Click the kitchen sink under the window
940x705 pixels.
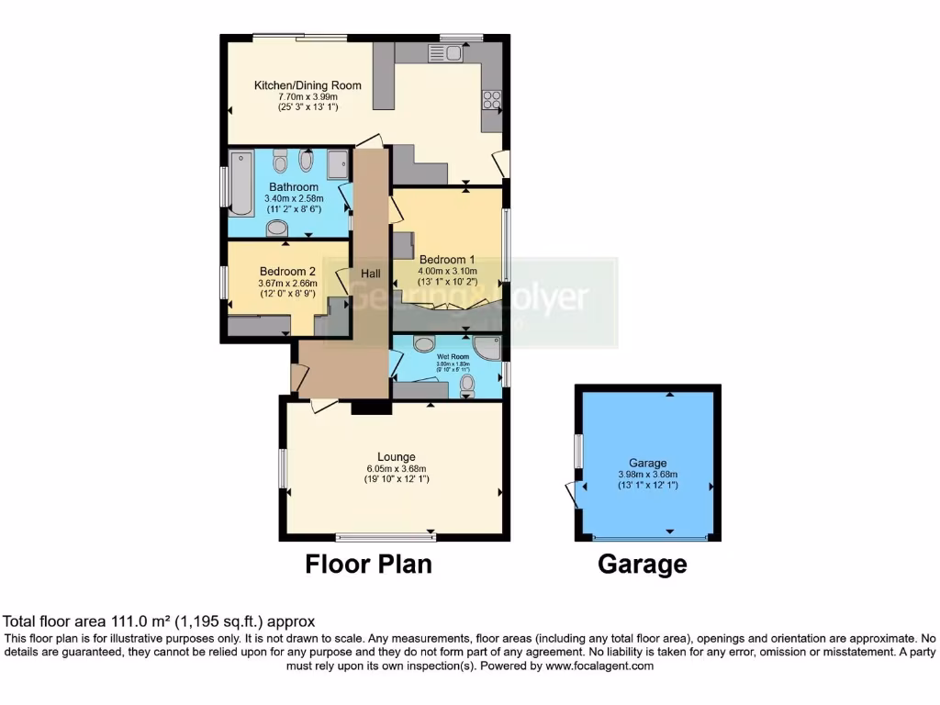[445, 53]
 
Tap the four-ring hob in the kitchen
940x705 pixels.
[492, 100]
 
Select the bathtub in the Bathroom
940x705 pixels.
[241, 183]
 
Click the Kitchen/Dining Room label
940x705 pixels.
[308, 85]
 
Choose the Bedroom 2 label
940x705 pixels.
[287, 272]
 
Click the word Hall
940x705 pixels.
[371, 274]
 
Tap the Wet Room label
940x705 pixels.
[453, 356]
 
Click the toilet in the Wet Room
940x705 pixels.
[467, 385]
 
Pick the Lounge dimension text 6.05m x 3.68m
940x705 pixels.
[397, 468]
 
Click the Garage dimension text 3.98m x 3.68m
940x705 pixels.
[647, 475]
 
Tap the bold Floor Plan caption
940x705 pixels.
[368, 564]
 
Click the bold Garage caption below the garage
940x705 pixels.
[642, 565]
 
